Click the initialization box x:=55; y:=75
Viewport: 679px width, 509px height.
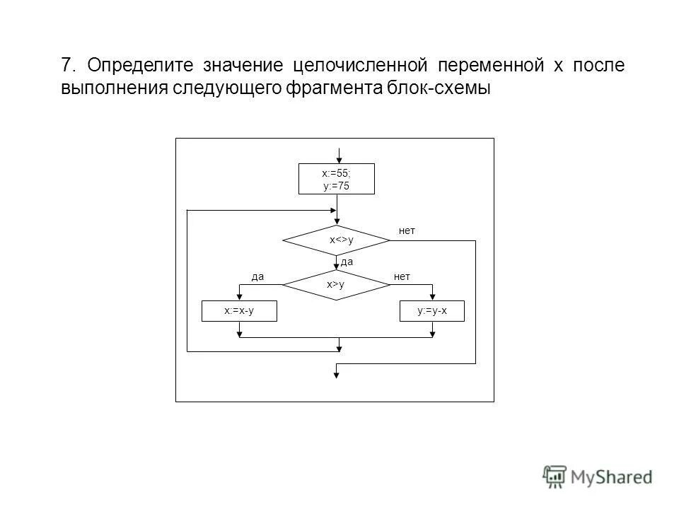[x=336, y=179]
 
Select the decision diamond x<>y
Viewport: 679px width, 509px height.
[x=337, y=240]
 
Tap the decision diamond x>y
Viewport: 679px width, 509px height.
[x=337, y=284]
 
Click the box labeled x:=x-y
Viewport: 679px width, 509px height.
[x=239, y=311]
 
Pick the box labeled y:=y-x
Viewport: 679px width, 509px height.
[x=432, y=311]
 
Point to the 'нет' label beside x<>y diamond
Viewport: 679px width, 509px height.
[x=407, y=230]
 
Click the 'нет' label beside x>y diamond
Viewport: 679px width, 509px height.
[x=402, y=276]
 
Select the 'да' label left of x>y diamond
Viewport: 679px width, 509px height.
[x=257, y=276]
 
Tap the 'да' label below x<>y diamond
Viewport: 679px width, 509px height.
[x=347, y=262]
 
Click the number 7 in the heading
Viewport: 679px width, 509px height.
[x=67, y=66]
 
